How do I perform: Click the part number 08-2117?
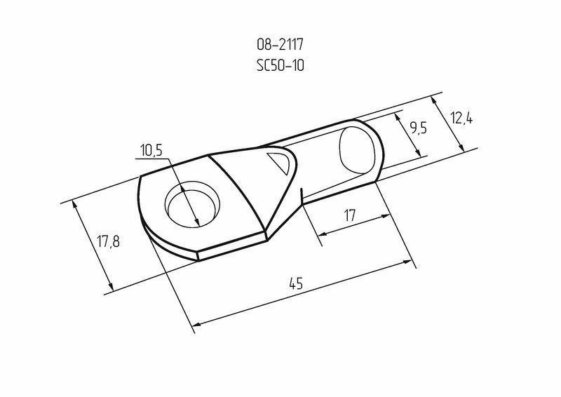point(280,45)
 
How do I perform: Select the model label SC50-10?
point(280,65)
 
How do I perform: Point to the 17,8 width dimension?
point(109,242)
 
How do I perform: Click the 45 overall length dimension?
point(296,283)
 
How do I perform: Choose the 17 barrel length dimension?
point(349,215)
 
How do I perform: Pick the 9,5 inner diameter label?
point(418,128)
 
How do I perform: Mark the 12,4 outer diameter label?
point(461,118)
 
